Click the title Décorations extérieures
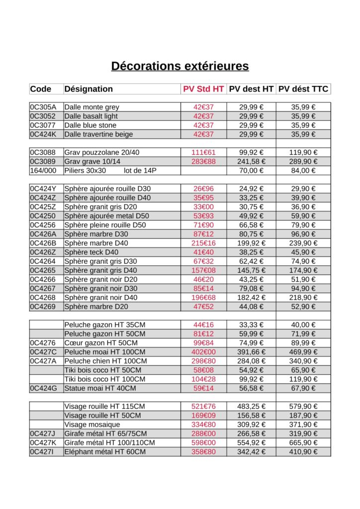pos(180,66)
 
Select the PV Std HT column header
pos(203,89)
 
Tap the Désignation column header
pos(89,89)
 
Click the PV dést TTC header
pos(303,89)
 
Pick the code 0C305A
pos(43,107)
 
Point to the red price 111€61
pos(203,152)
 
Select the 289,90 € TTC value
pos(303,162)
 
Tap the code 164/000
pos(43,170)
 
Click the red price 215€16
pos(203,243)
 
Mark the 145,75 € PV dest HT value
pos(251,270)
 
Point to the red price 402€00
pos(203,352)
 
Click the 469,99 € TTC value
pos(303,352)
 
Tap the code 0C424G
pos(43,388)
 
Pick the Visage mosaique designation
pos(92,424)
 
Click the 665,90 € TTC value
pos(303,442)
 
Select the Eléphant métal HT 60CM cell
pos(105,452)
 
